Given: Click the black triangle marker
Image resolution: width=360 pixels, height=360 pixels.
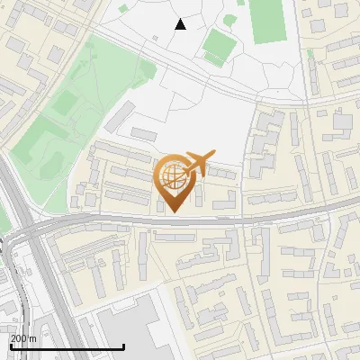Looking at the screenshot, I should click(181, 24).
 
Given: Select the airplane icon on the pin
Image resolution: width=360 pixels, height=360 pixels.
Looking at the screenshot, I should click(197, 161).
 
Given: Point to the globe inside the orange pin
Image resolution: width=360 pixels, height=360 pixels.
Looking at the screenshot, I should click(173, 175).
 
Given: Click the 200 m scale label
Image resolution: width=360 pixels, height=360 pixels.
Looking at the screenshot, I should click(22, 337).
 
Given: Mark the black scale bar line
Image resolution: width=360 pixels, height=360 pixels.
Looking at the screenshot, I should click(67, 346).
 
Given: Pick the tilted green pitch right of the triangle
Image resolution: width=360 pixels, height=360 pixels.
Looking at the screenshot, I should click(218, 45).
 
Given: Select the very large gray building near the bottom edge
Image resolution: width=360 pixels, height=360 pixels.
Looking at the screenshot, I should click(130, 328).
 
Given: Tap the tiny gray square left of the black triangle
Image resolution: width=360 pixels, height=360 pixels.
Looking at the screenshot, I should click(156, 38).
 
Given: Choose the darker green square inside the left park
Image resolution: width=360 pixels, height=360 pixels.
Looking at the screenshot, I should click(64, 103).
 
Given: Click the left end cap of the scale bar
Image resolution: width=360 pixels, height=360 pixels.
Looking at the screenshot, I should click(10, 345).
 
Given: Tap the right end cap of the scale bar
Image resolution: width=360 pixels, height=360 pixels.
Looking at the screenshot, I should click(123, 345).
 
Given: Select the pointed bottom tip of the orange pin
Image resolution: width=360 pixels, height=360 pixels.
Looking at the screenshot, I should click(174, 211).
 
